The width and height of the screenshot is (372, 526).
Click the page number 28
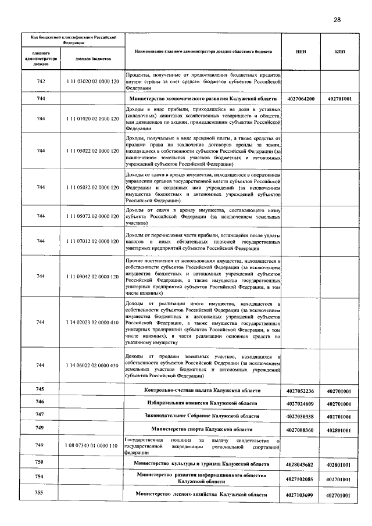pyautogui.click(x=337, y=20)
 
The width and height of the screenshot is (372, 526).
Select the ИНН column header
pyautogui.click(x=301, y=52)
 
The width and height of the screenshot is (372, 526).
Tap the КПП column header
pyautogui.click(x=340, y=52)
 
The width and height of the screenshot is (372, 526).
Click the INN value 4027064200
pyautogui.click(x=301, y=99)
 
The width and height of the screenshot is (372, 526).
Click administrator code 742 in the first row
pyautogui.click(x=41, y=82)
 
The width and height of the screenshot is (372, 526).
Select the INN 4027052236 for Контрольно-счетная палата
pyautogui.click(x=301, y=391)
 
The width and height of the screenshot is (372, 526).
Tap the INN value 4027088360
pyautogui.click(x=301, y=430)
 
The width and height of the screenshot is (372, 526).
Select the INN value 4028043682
pyautogui.click(x=301, y=464)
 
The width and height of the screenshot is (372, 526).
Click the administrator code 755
pyautogui.click(x=40, y=493)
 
